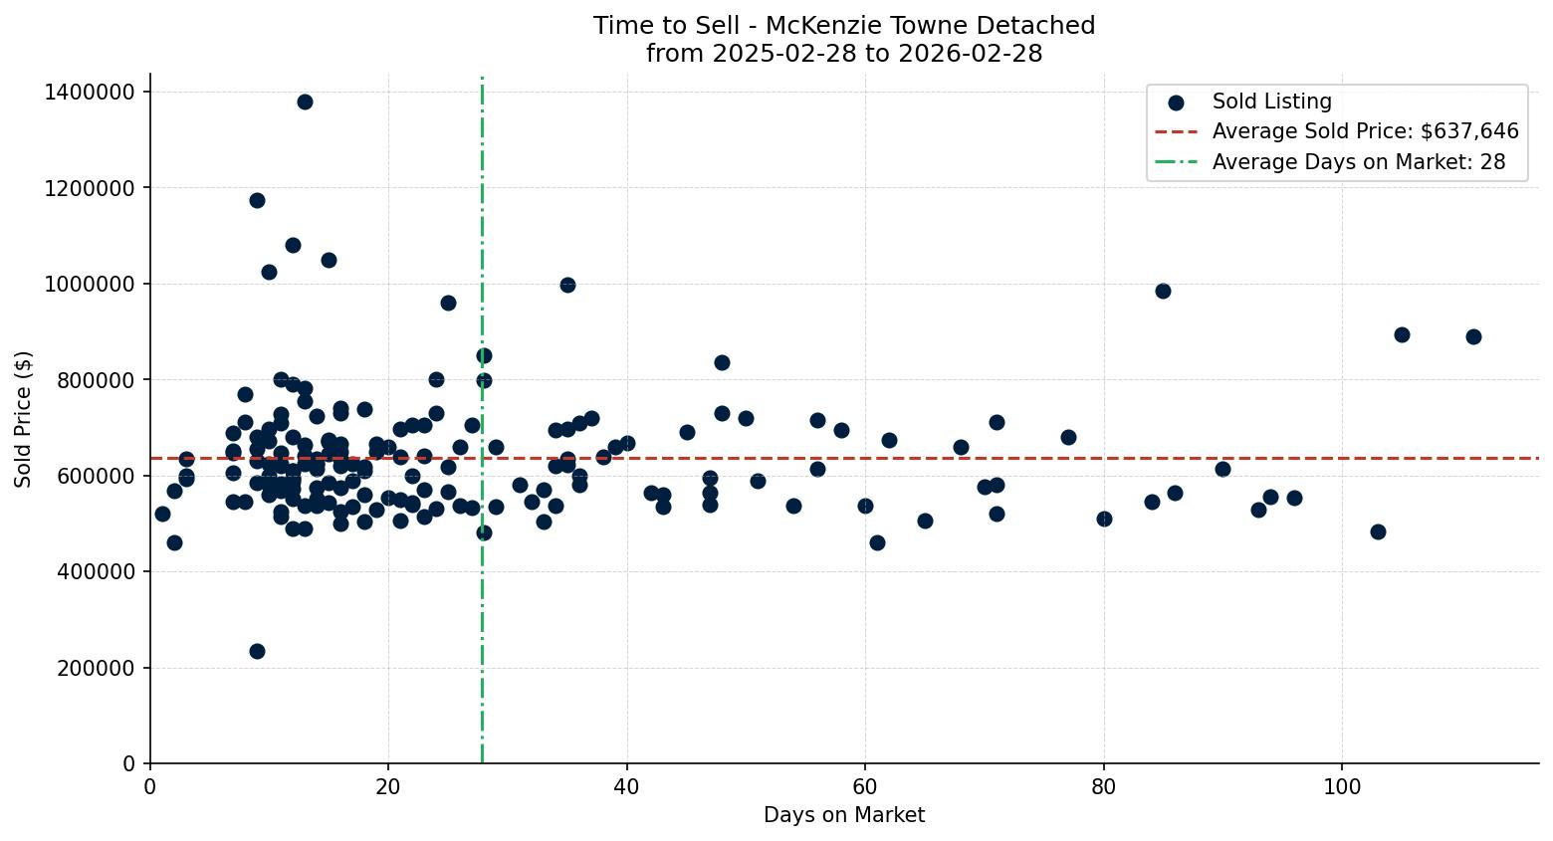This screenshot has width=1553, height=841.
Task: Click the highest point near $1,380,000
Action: coord(305,102)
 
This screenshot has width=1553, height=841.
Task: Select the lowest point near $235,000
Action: coord(257,651)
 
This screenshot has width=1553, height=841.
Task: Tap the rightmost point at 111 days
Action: coord(1473,336)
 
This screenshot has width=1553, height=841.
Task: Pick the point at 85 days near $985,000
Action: coord(1163,291)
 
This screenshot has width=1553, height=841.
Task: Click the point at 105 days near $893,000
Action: coord(1402,334)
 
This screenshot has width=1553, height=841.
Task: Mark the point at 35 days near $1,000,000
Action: coord(567,285)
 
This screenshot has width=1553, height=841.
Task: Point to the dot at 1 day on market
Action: coord(162,514)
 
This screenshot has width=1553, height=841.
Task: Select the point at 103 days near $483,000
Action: coord(1378,531)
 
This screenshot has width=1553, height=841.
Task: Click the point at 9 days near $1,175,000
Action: coord(257,200)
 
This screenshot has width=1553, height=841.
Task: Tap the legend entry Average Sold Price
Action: coord(1365,131)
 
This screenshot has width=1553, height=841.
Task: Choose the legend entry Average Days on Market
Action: coord(1358,162)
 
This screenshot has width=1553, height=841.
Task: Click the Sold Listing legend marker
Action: coord(1177,102)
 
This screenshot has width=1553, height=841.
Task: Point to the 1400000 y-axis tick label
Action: coord(90,92)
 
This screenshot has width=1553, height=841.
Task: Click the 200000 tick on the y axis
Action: coord(95,668)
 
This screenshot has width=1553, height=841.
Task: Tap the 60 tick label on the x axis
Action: coord(865,785)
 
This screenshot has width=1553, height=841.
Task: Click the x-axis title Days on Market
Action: coord(844,815)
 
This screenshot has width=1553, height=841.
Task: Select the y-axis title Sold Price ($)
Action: coord(24,419)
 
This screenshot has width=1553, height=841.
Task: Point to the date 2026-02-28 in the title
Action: coord(970,54)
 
